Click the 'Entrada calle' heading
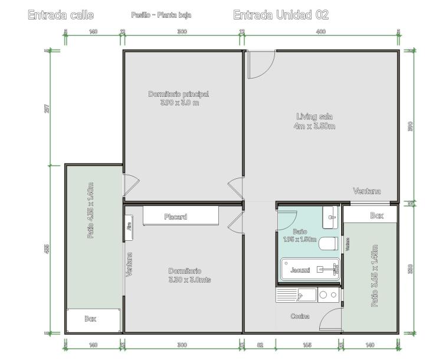(x=61, y=15)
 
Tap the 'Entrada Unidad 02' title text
(x=281, y=15)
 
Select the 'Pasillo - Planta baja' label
(x=161, y=15)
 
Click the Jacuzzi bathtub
(x=309, y=269)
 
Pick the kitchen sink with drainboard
(x=296, y=295)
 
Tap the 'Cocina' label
(x=300, y=316)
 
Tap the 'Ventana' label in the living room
(x=366, y=191)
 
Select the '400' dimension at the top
(x=320, y=32)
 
